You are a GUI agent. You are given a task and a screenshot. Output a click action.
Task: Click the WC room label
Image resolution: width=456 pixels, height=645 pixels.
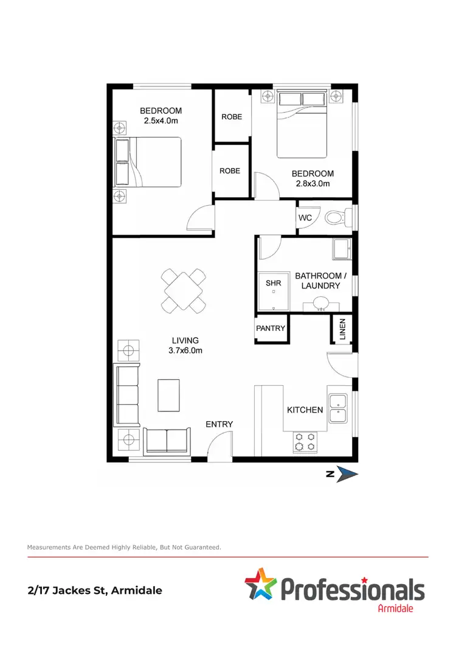[x=305, y=218]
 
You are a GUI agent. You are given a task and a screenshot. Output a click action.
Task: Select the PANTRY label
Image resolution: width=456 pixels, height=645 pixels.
[x=270, y=328]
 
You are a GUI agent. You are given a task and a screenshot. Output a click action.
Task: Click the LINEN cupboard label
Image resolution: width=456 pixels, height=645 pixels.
[x=342, y=330]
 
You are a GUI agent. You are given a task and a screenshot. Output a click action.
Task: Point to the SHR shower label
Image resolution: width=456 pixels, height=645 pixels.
[x=273, y=283]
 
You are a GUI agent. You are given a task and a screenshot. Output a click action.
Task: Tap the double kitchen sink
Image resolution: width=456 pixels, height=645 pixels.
[x=337, y=408]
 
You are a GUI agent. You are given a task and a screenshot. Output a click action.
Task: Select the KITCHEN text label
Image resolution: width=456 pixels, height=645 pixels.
[x=305, y=410]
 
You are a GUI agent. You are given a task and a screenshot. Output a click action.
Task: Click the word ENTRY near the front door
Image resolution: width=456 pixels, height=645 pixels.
[x=219, y=424]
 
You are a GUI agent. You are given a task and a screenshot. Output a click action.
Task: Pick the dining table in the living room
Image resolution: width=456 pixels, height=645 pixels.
[x=183, y=291]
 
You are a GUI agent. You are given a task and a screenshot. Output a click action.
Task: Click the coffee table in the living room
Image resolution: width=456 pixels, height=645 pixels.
[x=169, y=395]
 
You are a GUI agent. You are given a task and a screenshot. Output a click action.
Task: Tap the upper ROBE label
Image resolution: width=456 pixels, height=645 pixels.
[x=231, y=116]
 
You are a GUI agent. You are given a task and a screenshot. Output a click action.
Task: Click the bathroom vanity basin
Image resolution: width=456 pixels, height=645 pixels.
[x=322, y=303]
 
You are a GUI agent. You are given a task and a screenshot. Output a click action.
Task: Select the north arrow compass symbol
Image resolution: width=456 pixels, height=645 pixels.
[x=347, y=475]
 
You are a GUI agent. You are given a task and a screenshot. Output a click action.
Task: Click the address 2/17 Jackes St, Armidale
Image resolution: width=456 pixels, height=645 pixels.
[x=95, y=590]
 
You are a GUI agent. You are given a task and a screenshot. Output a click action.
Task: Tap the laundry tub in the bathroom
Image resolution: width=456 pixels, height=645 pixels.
[x=341, y=248]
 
